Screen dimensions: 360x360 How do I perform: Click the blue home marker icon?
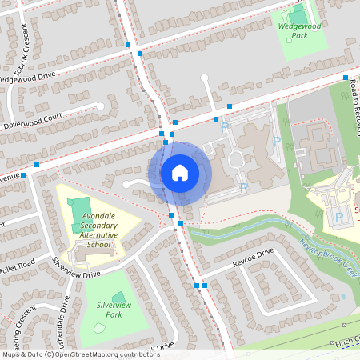pyautogui.click(x=180, y=172)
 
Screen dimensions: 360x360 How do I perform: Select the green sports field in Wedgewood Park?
pyautogui.click(x=297, y=15)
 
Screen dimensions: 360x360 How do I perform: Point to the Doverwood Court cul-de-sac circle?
pyautogui.click(x=101, y=105)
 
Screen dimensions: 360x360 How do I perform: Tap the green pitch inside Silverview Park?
pyautogui.click(x=118, y=282)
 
